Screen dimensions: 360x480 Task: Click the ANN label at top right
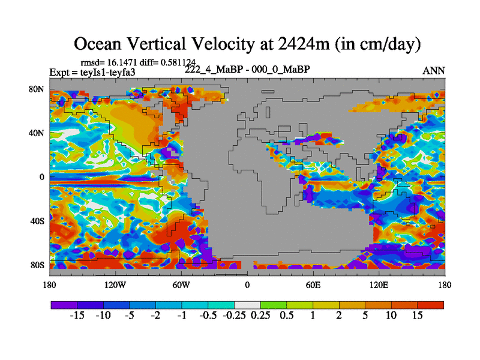[x=434, y=70]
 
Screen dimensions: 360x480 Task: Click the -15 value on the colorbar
[x=77, y=316]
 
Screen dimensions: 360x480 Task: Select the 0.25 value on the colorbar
[x=260, y=316]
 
